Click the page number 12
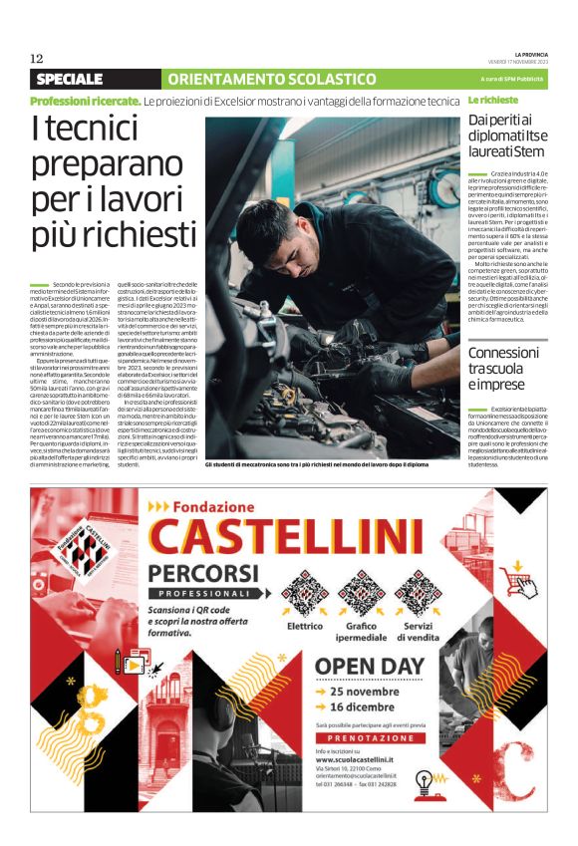[x=36, y=58]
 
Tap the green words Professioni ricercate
[x=85, y=102]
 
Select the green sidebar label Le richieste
[x=493, y=102]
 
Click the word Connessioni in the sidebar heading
[x=503, y=352]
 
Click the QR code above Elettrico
[x=305, y=593]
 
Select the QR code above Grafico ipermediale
[x=362, y=593]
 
